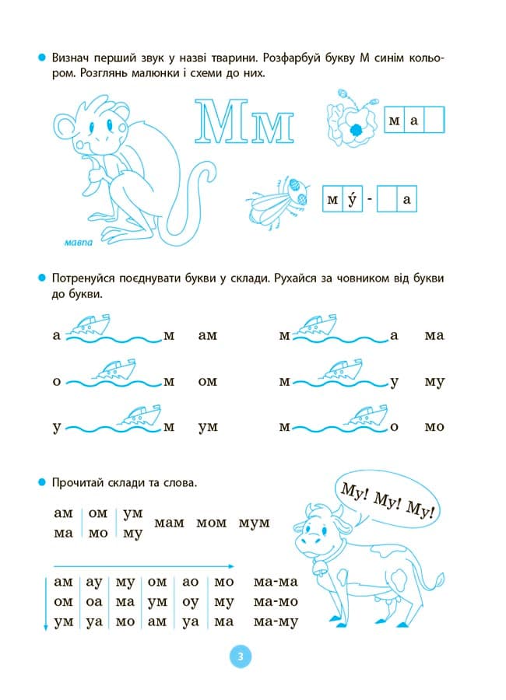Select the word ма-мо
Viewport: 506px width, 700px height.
pyautogui.click(x=276, y=602)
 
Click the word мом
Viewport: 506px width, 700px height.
pyautogui.click(x=211, y=523)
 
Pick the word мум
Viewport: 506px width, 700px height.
pyautogui.click(x=254, y=523)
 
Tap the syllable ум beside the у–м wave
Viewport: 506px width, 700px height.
pyautogui.click(x=208, y=427)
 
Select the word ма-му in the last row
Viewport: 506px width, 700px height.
pyautogui.click(x=276, y=622)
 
